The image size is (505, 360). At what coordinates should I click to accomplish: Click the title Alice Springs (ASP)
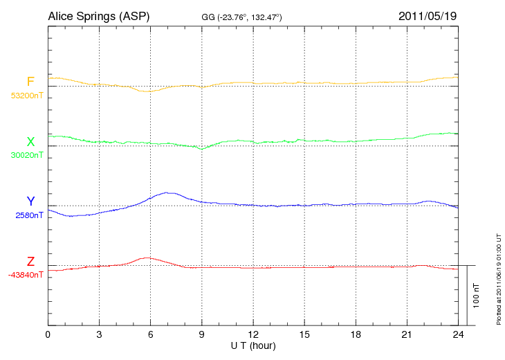[99, 15]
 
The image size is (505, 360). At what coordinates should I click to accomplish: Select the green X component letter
[30, 142]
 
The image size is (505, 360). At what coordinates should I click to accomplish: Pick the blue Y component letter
[30, 201]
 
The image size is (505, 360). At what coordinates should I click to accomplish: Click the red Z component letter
[30, 261]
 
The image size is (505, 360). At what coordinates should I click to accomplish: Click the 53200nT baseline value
[26, 96]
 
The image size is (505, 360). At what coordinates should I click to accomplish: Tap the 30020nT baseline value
[26, 155]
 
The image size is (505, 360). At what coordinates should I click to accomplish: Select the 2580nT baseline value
[29, 215]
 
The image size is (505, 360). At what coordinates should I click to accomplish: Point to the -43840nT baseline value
[26, 274]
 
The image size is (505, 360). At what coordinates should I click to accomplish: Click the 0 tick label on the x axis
[48, 334]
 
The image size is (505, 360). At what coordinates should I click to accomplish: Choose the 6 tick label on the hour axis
[151, 334]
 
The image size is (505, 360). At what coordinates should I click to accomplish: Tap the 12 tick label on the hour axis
[253, 334]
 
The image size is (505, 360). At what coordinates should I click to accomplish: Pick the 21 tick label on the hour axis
[407, 334]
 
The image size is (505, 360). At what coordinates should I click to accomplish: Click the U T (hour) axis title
[253, 345]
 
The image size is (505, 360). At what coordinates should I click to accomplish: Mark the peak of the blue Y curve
[167, 192]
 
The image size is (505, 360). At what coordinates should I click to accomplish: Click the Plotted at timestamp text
[498, 277]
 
